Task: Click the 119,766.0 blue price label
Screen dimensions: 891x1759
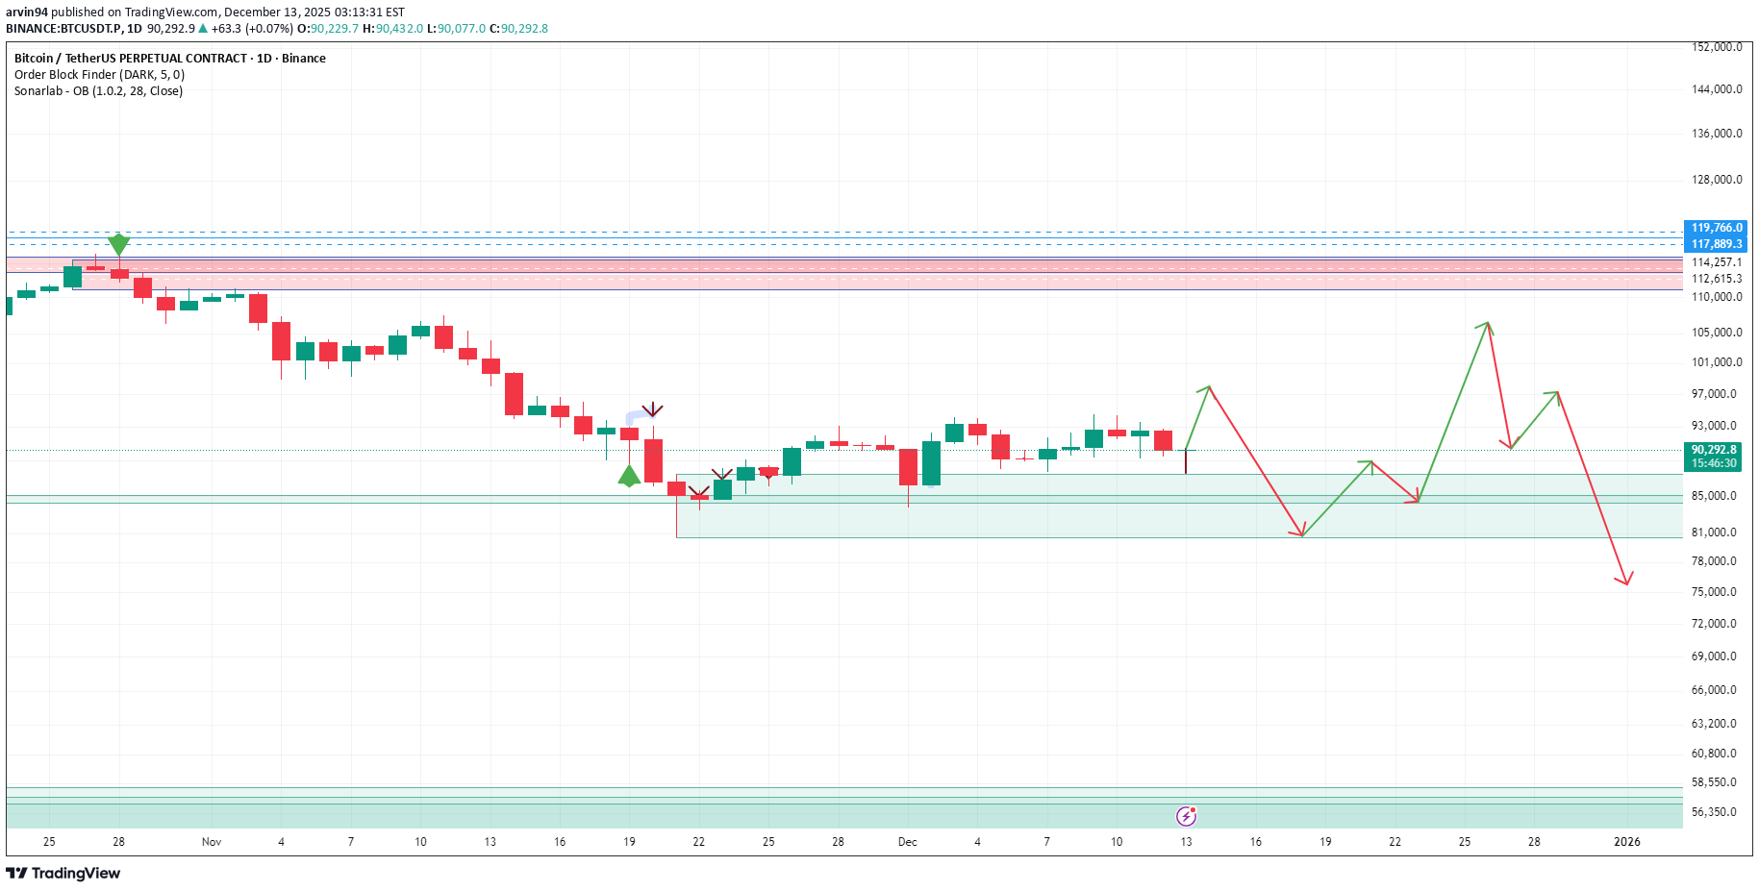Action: tap(1716, 228)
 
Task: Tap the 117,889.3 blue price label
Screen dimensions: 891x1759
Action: tap(1716, 244)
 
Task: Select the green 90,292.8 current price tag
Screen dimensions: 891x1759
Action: tap(1714, 450)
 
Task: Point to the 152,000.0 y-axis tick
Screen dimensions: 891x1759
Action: tap(1716, 47)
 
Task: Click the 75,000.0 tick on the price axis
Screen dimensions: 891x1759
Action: tap(1716, 592)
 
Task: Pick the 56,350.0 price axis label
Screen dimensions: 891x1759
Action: tap(1716, 812)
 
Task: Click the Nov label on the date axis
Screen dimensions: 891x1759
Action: tap(212, 842)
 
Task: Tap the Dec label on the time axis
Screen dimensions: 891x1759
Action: tap(907, 842)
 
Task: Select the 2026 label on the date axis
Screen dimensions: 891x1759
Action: tap(1626, 842)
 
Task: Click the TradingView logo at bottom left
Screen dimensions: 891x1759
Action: tap(63, 873)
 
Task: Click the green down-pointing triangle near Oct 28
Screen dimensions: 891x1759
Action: tap(118, 244)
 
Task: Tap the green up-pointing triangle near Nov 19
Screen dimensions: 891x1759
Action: tap(629, 476)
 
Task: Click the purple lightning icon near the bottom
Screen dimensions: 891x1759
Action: tap(1187, 816)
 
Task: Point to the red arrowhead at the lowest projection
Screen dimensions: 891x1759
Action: tap(1625, 580)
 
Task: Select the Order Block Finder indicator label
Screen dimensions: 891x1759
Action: tap(99, 75)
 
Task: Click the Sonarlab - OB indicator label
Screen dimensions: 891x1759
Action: tap(98, 91)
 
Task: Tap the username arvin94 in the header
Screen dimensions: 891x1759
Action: tap(27, 12)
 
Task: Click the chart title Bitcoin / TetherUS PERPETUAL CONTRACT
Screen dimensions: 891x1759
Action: tap(131, 59)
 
